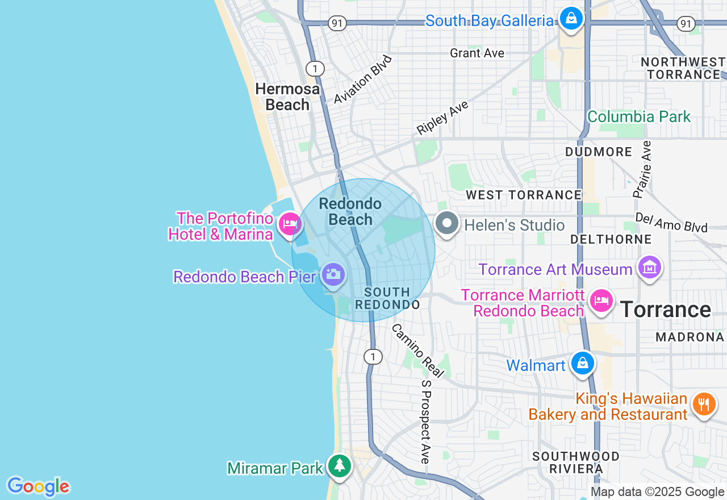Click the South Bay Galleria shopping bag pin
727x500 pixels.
click(571, 19)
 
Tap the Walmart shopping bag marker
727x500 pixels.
click(582, 363)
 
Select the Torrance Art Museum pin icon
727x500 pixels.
click(649, 267)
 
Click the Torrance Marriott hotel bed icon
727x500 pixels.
click(601, 299)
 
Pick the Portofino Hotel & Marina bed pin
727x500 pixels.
click(290, 224)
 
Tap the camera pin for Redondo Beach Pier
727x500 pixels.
click(333, 274)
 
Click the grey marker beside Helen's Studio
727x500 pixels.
click(447, 223)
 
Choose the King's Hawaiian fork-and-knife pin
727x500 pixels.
click(704, 404)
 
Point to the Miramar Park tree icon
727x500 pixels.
click(339, 466)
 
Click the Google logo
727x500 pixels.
click(38, 486)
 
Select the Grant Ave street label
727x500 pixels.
click(477, 53)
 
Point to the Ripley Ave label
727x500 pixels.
click(442, 118)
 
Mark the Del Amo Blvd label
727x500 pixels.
click(671, 223)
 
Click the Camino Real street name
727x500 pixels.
click(417, 351)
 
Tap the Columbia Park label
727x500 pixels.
click(638, 117)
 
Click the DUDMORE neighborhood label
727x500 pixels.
click(599, 152)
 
